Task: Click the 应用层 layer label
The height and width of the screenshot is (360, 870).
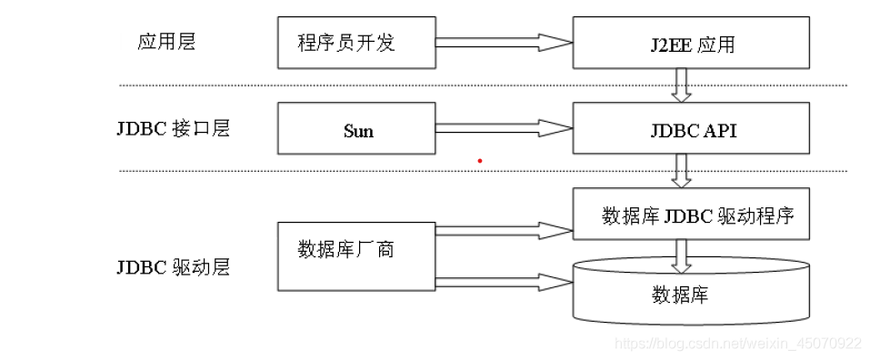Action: [x=166, y=43]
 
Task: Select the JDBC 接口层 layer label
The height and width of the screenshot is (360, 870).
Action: [x=173, y=127]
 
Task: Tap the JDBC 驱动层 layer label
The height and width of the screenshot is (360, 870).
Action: [x=173, y=267]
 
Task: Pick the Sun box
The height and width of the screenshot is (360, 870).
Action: [x=356, y=128]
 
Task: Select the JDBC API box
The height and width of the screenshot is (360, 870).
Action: [x=690, y=128]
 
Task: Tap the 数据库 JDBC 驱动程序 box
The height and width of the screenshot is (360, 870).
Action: [x=690, y=216]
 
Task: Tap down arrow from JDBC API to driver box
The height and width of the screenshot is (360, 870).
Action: [x=681, y=171]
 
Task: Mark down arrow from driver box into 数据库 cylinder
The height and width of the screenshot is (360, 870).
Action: [x=681, y=255]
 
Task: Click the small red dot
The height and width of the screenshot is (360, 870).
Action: [x=480, y=161]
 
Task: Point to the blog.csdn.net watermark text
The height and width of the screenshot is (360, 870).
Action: [x=737, y=344]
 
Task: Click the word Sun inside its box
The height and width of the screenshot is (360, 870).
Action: [x=358, y=130]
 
